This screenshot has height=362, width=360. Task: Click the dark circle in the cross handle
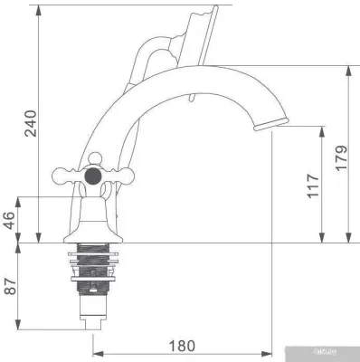click(x=92, y=176)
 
